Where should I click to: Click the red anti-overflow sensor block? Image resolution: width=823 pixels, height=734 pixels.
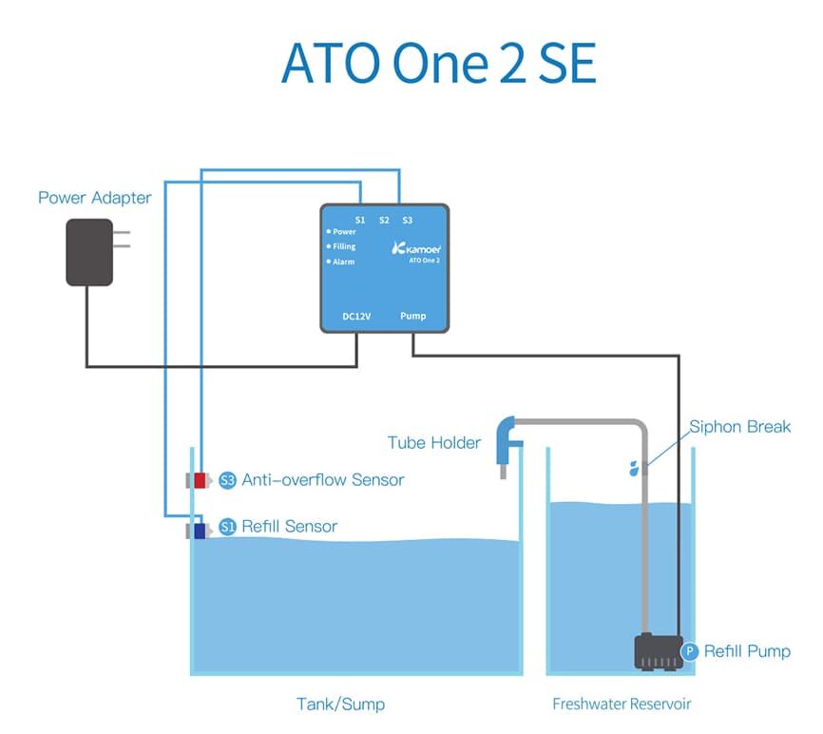200,480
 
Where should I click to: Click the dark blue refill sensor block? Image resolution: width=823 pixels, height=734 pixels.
200,531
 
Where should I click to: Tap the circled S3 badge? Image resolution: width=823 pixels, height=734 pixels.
227,480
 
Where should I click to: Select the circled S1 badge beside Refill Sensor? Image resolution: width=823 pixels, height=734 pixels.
227,527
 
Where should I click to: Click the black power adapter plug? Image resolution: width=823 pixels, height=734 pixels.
90,252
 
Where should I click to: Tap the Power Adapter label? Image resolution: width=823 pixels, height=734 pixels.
94,198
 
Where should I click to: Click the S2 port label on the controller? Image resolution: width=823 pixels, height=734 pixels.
384,220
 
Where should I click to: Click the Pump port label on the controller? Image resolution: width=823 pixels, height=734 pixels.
412,316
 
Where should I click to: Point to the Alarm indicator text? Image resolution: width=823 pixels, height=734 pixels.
343,261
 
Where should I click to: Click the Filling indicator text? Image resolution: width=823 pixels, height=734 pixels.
344,246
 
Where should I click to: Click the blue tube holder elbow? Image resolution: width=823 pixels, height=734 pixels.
506,433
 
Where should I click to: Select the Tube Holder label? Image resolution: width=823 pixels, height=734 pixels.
434,443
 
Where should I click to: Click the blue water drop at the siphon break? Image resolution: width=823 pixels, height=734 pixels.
634,468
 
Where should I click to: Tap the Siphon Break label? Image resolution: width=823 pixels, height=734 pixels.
739,426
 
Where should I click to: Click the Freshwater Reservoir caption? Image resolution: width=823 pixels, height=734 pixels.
622,705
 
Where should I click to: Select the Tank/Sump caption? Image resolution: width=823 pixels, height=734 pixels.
340,705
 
